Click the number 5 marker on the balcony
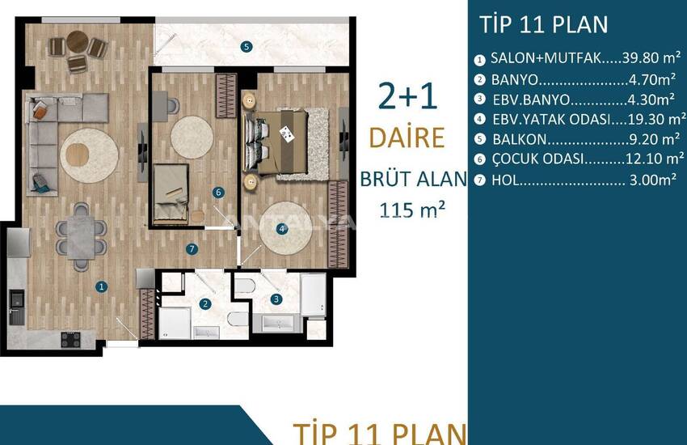tap(247, 46)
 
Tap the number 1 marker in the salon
tap(102, 286)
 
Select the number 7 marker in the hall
tap(192, 249)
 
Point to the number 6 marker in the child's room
tap(218, 192)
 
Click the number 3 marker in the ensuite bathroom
tap(276, 299)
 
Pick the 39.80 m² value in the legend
tap(651, 57)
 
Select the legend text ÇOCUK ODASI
tap(538, 159)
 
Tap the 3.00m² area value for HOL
tap(653, 180)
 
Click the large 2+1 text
tap(407, 96)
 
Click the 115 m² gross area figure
tap(412, 210)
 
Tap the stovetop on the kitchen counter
tap(70, 339)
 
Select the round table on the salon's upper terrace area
tap(78, 41)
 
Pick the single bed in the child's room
tap(171, 193)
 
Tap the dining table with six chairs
tap(81, 237)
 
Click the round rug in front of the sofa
tap(90, 155)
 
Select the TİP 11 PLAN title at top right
tap(544, 24)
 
